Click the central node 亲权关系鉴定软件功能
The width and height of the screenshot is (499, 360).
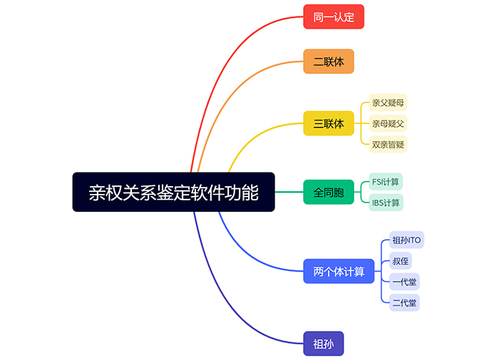tap(173, 192)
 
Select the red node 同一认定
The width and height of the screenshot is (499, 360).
tap(334, 16)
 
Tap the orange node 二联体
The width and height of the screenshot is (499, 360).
tap(329, 61)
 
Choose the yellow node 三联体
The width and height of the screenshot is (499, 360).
tap(329, 123)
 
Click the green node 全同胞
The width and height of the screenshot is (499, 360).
tap(329, 192)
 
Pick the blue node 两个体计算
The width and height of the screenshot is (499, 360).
tap(339, 272)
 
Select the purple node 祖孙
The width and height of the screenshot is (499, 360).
tap(324, 344)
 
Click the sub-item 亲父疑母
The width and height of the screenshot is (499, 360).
tap(389, 103)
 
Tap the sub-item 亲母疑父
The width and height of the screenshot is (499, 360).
tap(389, 123)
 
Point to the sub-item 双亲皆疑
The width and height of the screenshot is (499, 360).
tap(389, 144)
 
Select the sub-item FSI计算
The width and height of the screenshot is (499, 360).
tap(386, 182)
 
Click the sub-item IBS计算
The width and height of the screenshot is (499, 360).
tap(386, 202)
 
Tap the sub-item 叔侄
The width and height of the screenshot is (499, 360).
tap(401, 261)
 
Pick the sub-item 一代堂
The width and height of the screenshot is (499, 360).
tap(404, 282)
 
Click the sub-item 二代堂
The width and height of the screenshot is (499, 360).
tap(404, 302)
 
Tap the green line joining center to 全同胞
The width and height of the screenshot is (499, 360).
tap(289, 192)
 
